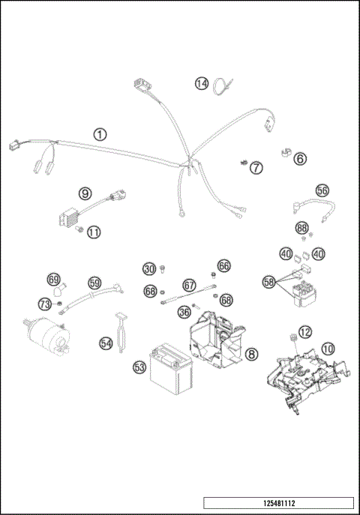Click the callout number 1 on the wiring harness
(100, 134)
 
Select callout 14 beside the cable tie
(201, 84)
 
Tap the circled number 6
(299, 159)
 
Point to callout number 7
(256, 167)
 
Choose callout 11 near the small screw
(92, 232)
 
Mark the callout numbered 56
(322, 191)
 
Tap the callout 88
(301, 227)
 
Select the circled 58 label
(269, 282)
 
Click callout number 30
(149, 269)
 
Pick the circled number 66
(224, 266)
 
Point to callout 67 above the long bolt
(189, 285)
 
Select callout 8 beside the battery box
(251, 352)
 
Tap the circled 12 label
(304, 331)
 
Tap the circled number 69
(53, 279)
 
